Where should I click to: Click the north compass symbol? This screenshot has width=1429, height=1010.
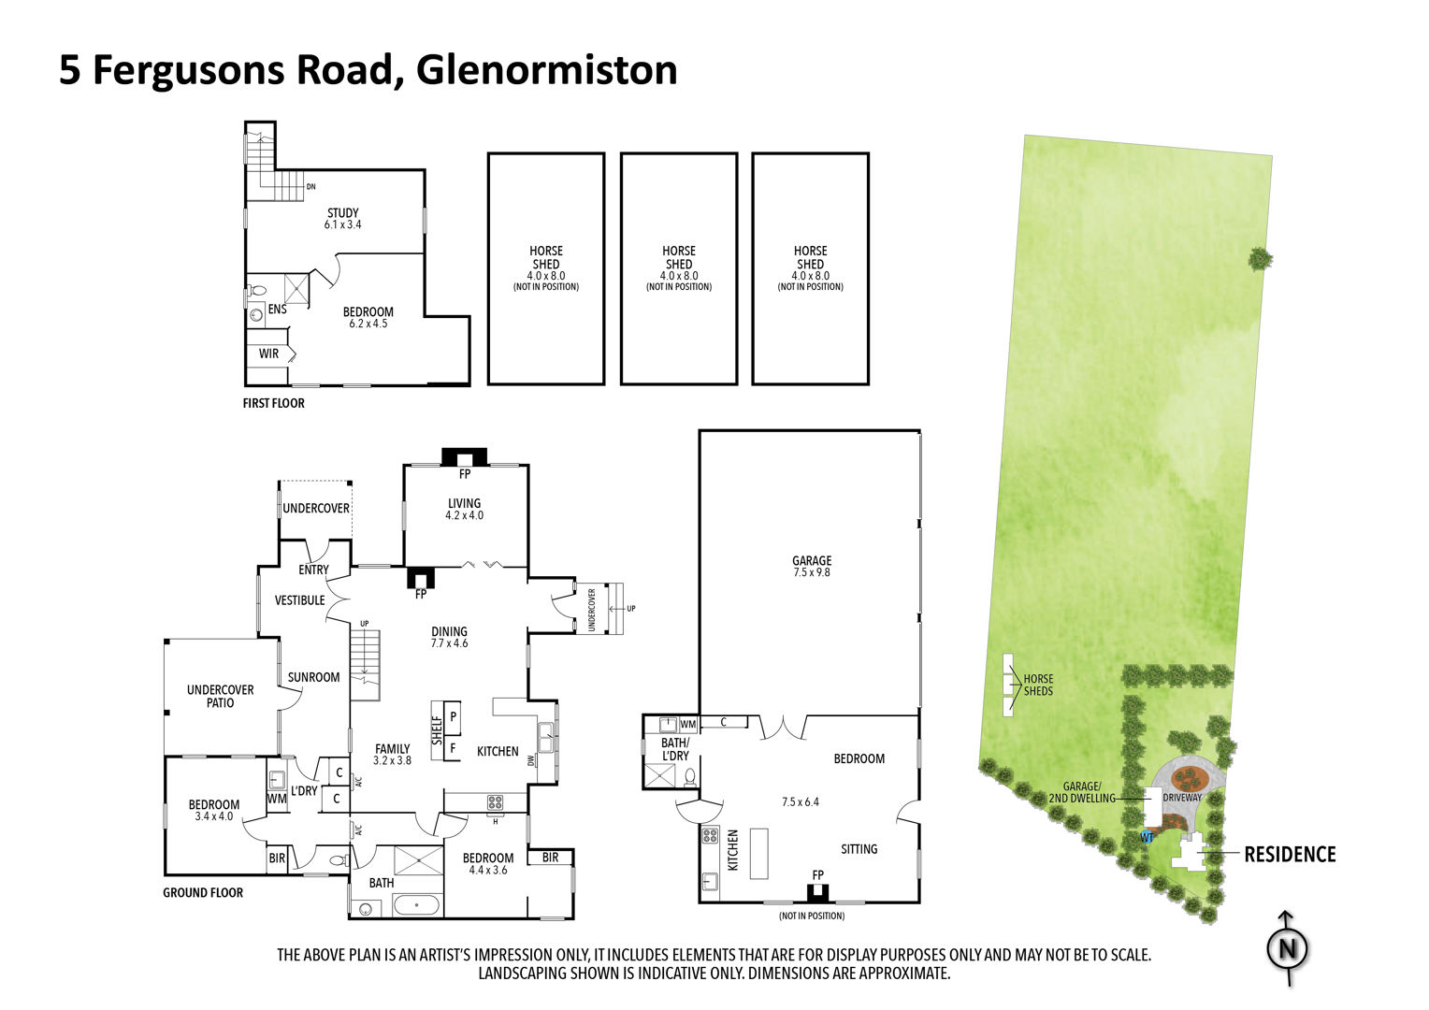click(x=1288, y=949)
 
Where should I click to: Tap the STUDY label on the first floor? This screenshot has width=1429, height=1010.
click(x=343, y=213)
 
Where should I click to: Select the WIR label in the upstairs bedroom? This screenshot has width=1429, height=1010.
click(x=268, y=353)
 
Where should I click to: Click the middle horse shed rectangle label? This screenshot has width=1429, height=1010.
click(x=679, y=268)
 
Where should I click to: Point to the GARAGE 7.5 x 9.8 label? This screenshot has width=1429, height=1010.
click(x=812, y=566)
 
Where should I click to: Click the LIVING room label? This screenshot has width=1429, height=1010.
click(x=465, y=503)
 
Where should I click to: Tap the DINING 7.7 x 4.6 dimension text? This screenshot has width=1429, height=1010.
click(x=449, y=643)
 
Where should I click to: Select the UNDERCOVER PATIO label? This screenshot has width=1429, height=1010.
click(x=220, y=696)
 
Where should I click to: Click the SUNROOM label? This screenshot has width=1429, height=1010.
click(x=314, y=677)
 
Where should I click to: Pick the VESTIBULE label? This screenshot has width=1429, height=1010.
click(x=300, y=600)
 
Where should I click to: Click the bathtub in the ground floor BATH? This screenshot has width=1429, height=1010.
click(x=416, y=905)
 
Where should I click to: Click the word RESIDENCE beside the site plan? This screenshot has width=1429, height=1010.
click(x=1290, y=855)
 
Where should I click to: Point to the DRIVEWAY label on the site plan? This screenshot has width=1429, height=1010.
click(x=1182, y=798)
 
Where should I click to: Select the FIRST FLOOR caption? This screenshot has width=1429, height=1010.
click(x=274, y=403)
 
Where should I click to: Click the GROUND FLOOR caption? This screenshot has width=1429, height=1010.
click(x=203, y=892)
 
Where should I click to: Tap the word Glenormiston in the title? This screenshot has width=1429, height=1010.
click(x=547, y=70)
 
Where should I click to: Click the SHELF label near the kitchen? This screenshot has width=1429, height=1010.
click(x=437, y=730)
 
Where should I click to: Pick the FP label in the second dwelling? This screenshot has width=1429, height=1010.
click(x=818, y=874)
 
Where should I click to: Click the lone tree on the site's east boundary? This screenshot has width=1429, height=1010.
click(x=1260, y=259)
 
